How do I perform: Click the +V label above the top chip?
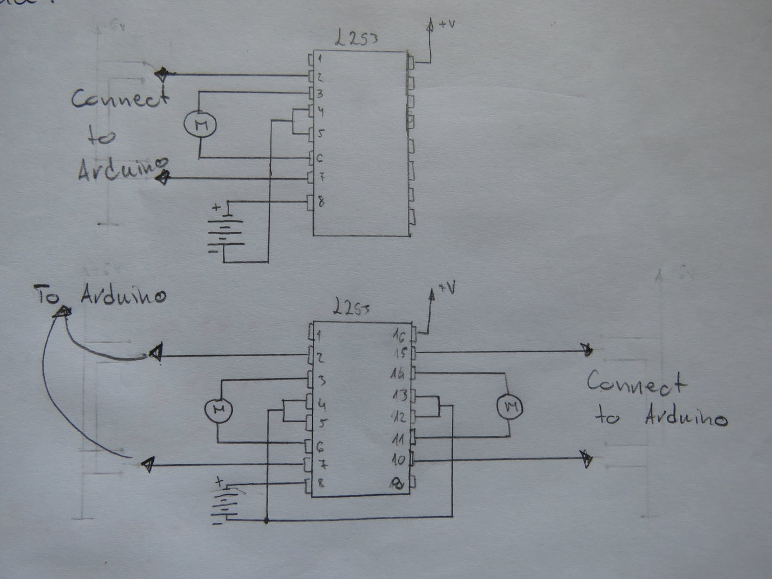(x=445, y=24)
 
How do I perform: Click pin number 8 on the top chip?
(x=321, y=202)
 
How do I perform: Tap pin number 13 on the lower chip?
(x=399, y=395)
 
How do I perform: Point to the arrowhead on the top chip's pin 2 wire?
(x=162, y=74)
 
